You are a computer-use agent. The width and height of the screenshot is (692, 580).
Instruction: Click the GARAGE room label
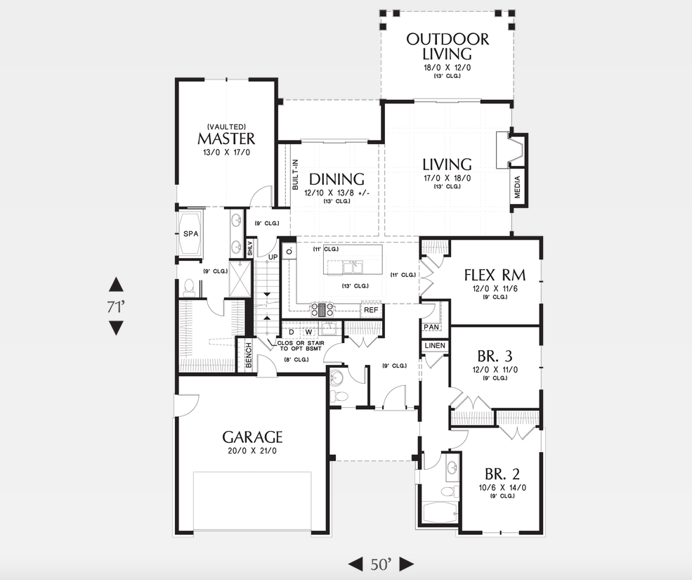tap(253, 436)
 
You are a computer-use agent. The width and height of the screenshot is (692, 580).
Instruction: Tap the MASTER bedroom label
tap(226, 138)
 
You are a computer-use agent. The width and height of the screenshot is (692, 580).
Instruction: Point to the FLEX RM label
tap(495, 274)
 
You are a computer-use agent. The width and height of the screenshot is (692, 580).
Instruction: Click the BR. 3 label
tap(495, 355)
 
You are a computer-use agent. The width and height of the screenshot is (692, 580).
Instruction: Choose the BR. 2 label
tap(502, 472)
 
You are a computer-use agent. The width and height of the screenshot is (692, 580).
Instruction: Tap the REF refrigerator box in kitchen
tap(371, 309)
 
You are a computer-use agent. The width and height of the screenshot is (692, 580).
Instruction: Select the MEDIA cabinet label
tap(518, 187)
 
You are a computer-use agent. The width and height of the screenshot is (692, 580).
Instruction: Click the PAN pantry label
tap(431, 327)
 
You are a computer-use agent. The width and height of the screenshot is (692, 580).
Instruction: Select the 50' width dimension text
tap(381, 564)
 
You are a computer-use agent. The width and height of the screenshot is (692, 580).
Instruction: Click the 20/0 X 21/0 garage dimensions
tap(253, 451)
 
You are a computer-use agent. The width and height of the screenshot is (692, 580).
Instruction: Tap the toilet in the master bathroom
tap(188, 287)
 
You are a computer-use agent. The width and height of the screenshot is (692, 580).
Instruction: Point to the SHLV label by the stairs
tap(249, 248)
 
